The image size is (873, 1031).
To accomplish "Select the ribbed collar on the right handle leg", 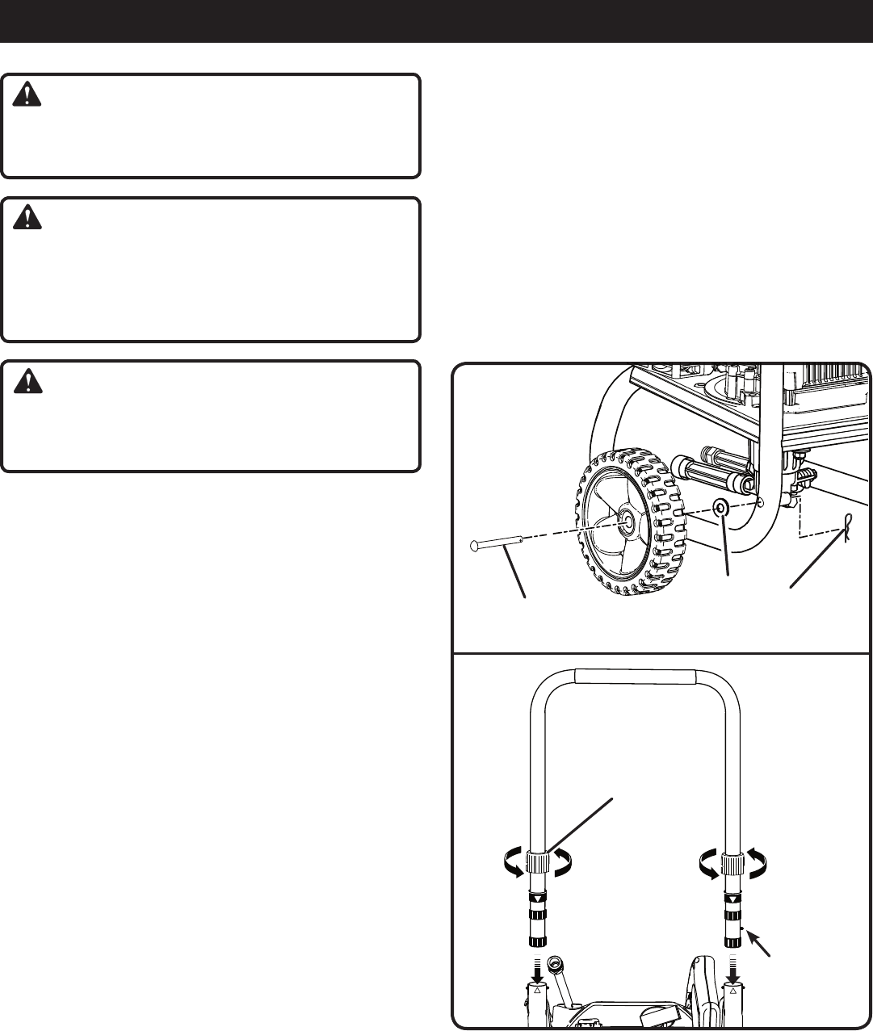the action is (732, 863).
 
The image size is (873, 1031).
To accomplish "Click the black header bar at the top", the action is (436, 21).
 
